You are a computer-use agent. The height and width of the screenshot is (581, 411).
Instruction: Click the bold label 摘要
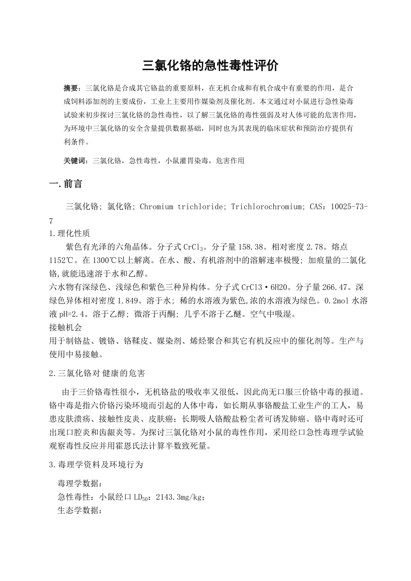pyautogui.click(x=71, y=87)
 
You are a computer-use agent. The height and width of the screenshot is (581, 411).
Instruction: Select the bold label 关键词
pyautogui.click(x=75, y=161)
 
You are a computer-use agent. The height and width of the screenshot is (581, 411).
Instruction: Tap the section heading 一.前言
pyautogui.click(x=65, y=184)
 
